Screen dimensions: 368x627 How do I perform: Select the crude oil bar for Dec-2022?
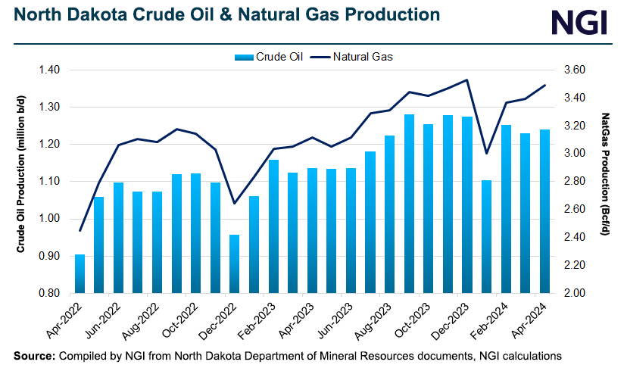[x=214, y=264]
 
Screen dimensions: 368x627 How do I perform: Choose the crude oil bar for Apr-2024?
[x=544, y=211]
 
